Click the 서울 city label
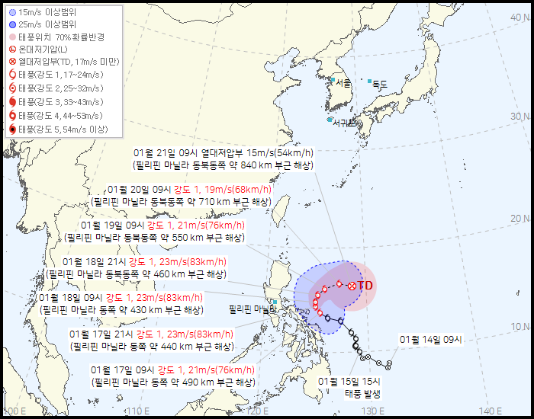point(343,83)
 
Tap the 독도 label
point(379,84)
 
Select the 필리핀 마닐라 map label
point(253,309)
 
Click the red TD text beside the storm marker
point(365,286)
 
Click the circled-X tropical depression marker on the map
point(351,286)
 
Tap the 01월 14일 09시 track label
point(436,339)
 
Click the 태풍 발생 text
point(361,393)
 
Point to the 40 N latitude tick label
point(520,16)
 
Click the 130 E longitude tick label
point(375,411)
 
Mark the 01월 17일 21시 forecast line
point(150,334)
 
